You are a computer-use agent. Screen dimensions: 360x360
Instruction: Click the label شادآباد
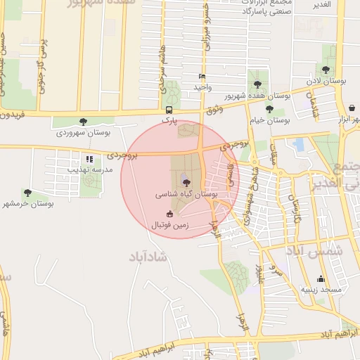tap(149, 257)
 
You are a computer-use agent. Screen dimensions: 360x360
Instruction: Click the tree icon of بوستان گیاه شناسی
tap(186, 181)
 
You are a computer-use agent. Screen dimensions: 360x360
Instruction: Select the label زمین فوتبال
tap(169, 226)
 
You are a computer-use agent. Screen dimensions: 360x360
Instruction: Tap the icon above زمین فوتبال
tap(169, 214)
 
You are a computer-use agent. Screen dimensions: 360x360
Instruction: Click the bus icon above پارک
tap(169, 110)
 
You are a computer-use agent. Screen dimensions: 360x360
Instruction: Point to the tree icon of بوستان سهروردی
tap(84, 121)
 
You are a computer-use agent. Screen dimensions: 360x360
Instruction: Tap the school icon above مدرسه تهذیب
tap(89, 159)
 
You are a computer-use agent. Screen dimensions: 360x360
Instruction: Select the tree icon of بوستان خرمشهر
tap(27, 192)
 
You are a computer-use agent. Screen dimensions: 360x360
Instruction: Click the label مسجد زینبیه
tap(321, 289)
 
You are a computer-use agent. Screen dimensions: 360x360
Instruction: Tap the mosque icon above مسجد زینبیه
tap(321, 278)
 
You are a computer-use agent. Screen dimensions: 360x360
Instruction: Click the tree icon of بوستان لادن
tap(327, 69)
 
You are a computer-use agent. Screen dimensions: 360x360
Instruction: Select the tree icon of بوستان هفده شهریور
tap(257, 84)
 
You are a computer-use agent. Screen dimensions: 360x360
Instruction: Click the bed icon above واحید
tap(202, 76)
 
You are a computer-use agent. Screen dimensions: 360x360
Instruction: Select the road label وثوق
tap(215, 110)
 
